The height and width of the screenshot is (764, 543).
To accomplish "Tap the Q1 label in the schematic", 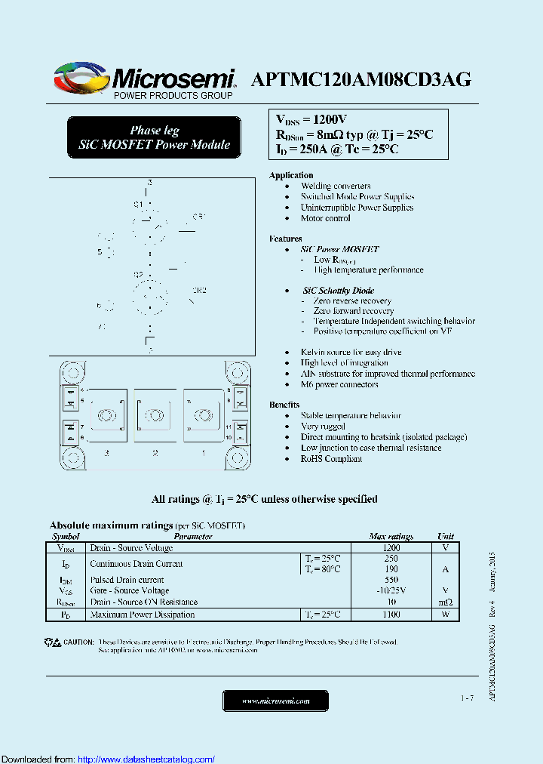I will [138, 204].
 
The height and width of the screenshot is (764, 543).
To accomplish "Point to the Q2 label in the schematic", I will [138, 274].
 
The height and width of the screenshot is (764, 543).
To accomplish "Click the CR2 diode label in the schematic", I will [199, 290].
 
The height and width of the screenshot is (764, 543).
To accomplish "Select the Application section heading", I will [291, 175].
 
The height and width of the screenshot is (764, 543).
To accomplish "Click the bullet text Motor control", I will [325, 218].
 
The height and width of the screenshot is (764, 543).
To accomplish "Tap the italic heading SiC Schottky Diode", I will [338, 290].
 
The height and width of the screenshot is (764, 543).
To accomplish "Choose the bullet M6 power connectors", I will [339, 384].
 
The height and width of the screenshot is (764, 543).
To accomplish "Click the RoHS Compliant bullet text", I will [331, 458].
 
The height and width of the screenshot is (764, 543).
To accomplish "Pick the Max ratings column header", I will [391, 536].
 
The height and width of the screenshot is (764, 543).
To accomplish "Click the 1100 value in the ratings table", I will [391, 615].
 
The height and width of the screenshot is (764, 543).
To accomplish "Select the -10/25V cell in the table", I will [391, 590].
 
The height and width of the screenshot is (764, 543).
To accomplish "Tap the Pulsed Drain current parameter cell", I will [127, 580].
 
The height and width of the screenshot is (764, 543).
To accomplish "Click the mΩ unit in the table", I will [445, 602].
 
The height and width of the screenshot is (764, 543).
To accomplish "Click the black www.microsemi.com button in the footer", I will [275, 701].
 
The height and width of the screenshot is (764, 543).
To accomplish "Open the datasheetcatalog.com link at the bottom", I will [146, 759].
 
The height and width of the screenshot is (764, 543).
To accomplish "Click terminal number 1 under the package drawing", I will [202, 453].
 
